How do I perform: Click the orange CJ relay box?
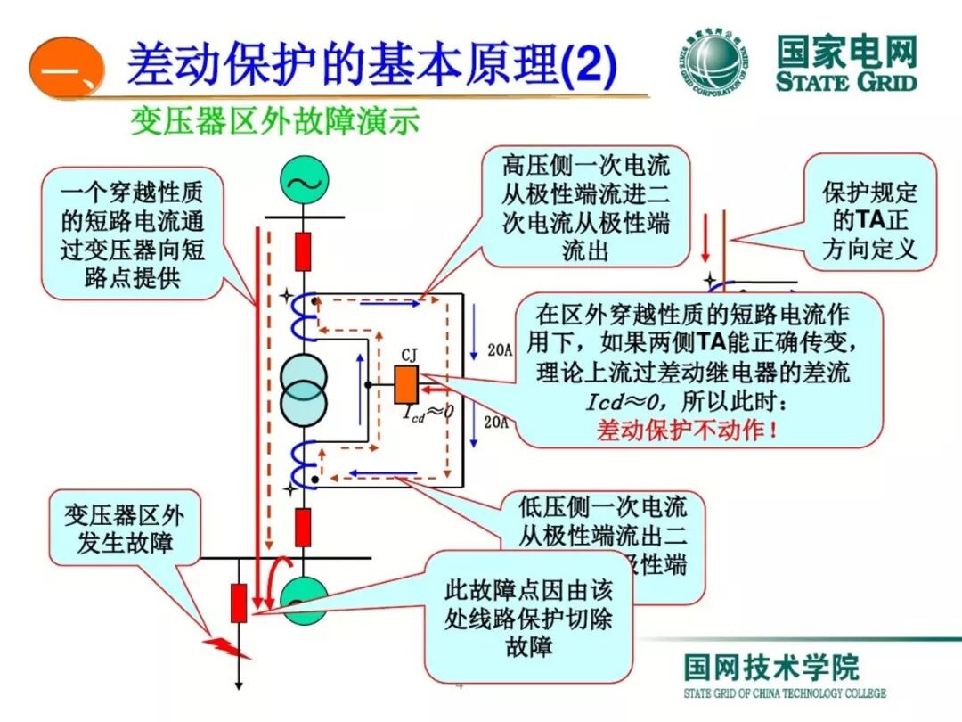(407, 385)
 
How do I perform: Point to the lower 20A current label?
(496, 423)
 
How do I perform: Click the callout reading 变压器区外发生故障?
(124, 528)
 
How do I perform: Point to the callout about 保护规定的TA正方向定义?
(869, 211)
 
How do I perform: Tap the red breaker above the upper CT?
(304, 250)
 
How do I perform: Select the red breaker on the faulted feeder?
(238, 603)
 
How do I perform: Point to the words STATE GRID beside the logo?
(845, 82)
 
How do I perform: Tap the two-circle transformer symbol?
(305, 390)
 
